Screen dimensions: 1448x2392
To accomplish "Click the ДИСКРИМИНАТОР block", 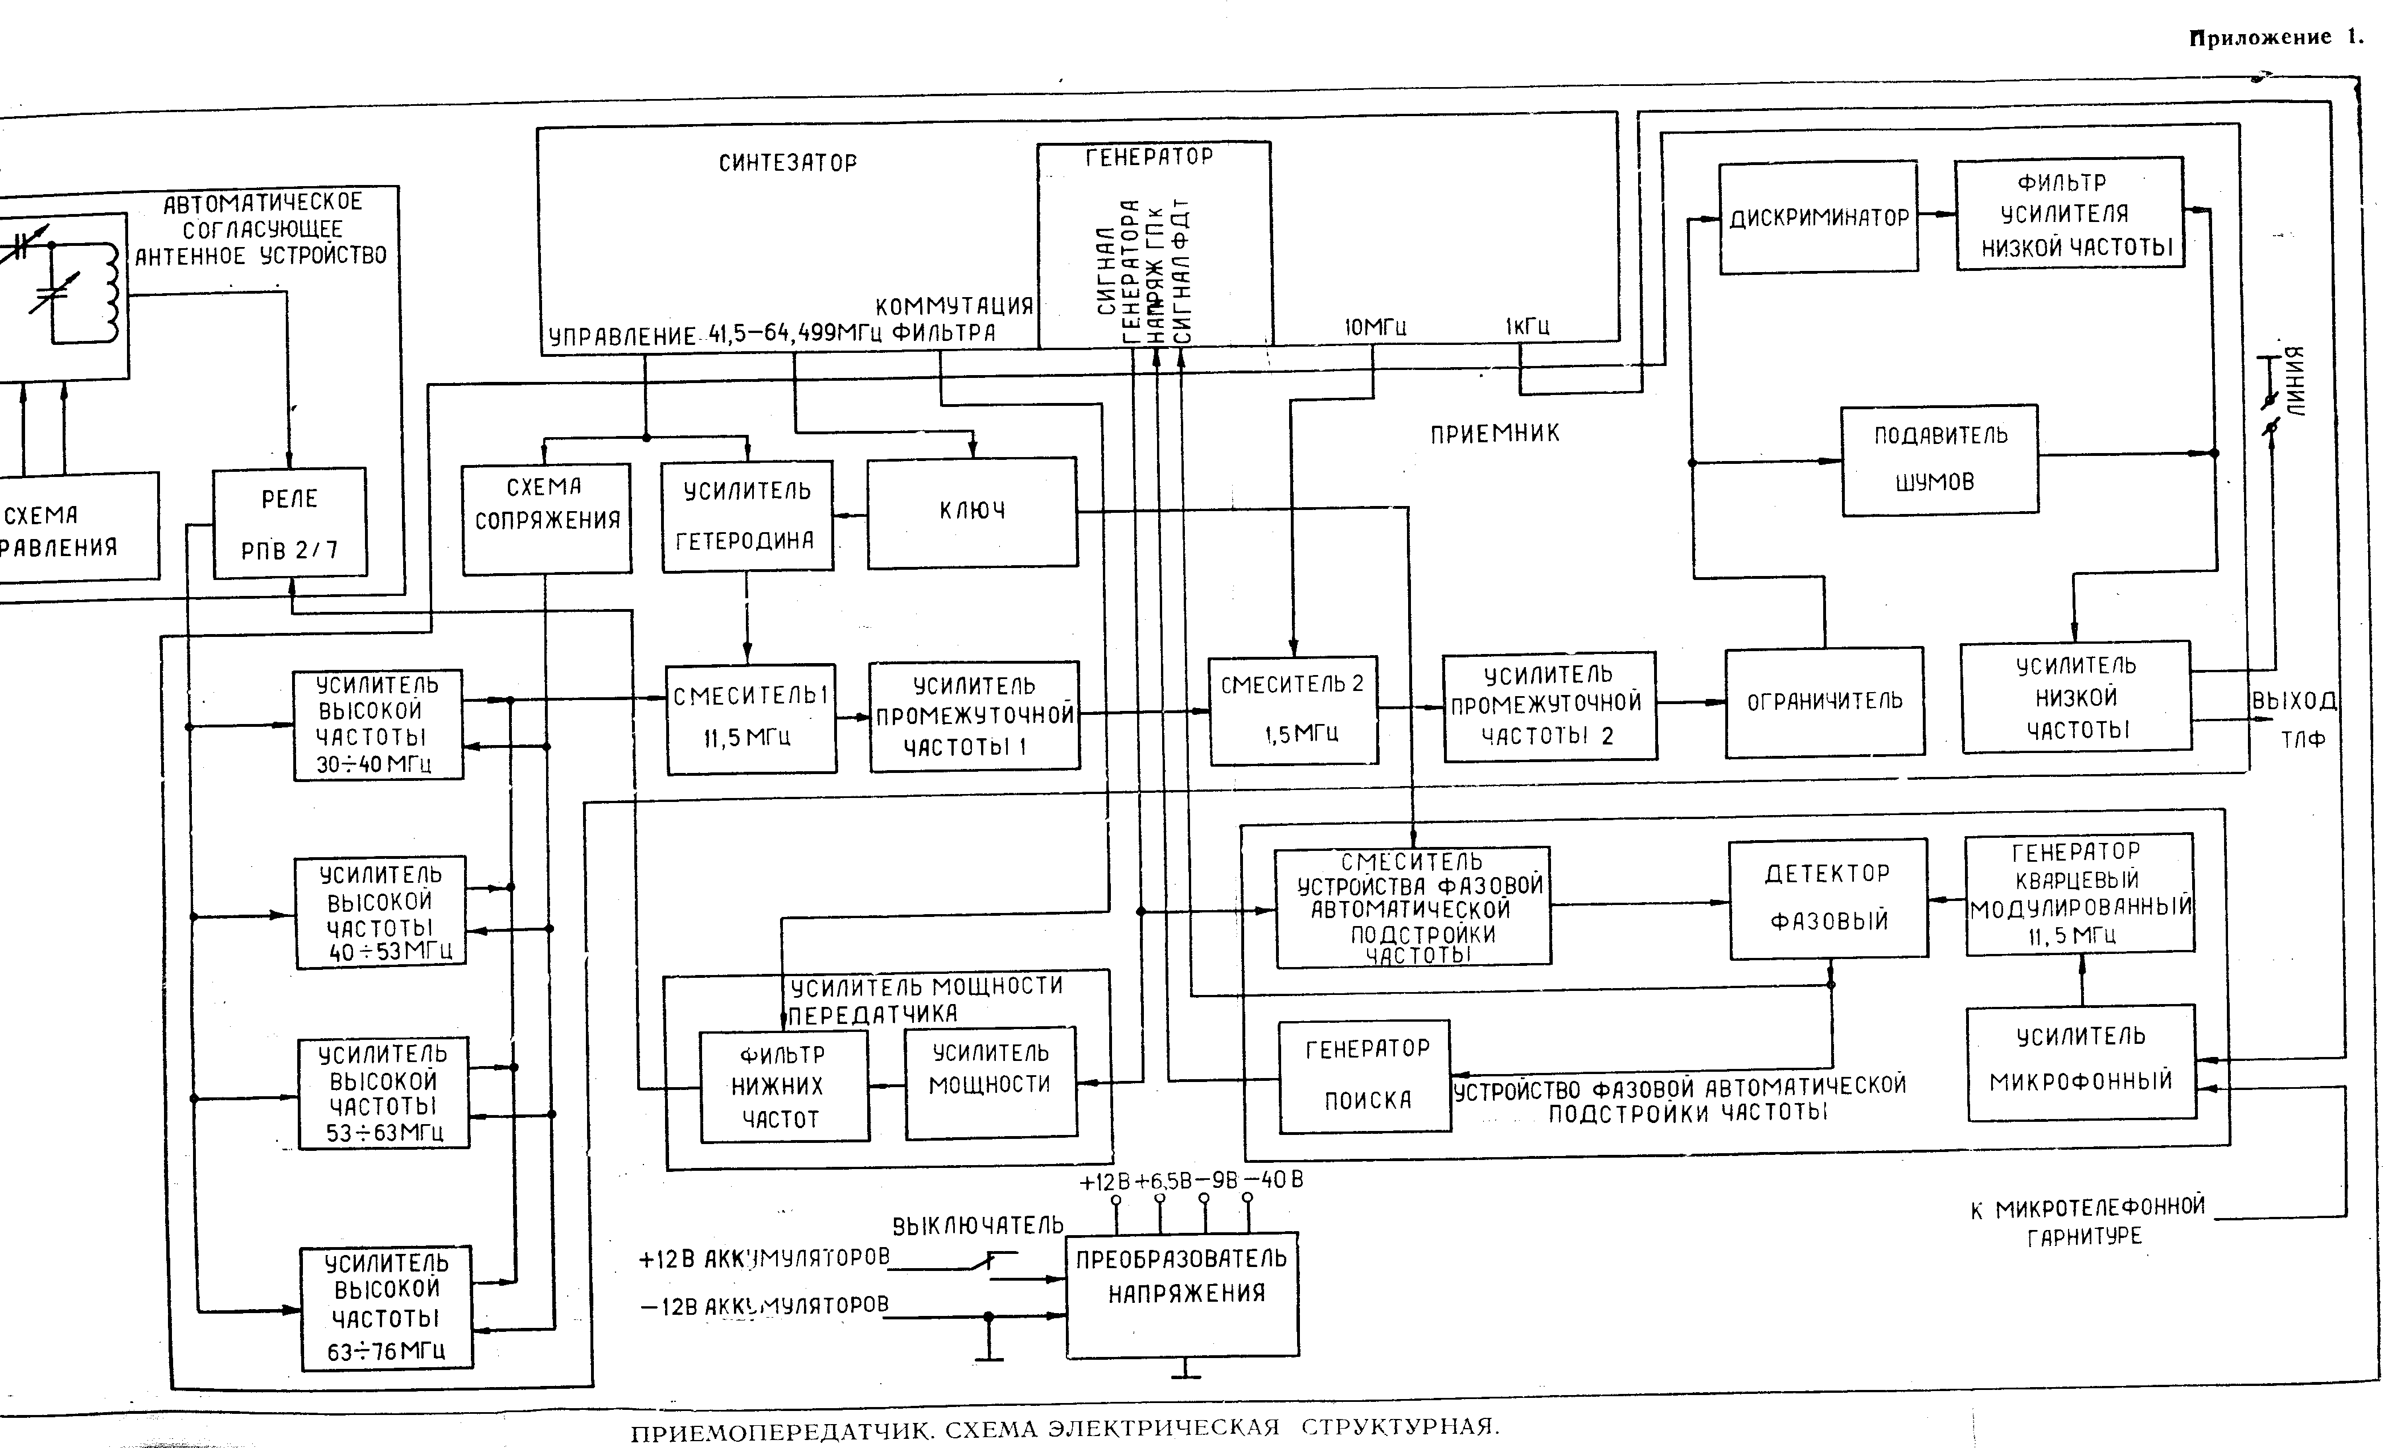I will pos(1818,217).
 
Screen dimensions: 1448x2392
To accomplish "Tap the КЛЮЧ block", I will pos(972,512).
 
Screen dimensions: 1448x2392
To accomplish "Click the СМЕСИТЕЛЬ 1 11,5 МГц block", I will pos(750,718).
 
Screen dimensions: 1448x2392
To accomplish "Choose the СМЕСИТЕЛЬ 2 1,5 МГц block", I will pos(1292,710).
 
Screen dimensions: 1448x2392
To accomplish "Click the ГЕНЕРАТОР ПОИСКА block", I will pos(1365,1075).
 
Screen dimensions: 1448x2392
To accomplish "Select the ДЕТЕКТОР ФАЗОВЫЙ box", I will pos(1828,898).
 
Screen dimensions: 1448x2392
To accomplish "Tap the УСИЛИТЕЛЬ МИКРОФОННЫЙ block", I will pos(2081,1062).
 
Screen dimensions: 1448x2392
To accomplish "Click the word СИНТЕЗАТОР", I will pos(787,163).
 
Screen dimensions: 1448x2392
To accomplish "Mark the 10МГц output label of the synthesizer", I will pos(1375,328).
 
